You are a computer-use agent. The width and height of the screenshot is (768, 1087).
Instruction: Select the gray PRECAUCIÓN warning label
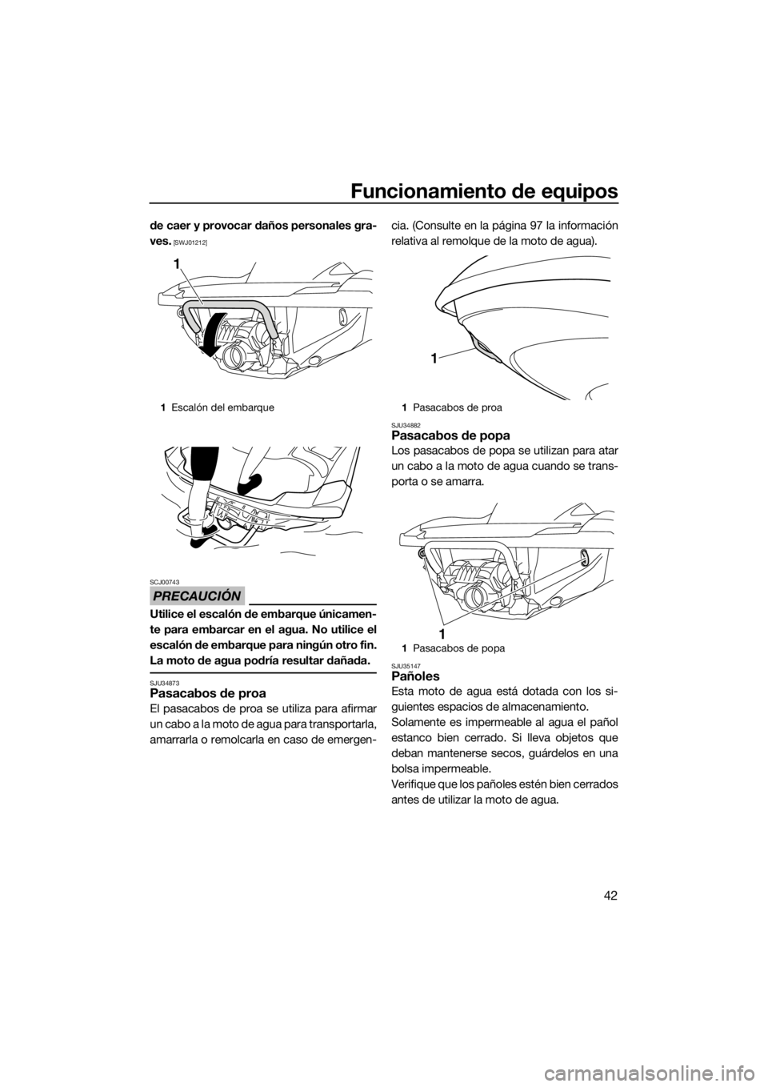[202, 596]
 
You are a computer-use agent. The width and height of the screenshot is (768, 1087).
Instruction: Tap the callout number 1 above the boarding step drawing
[179, 264]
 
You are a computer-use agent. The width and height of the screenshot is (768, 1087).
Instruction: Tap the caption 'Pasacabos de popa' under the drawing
[459, 648]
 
